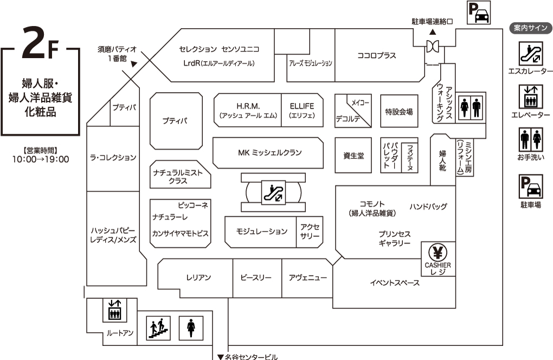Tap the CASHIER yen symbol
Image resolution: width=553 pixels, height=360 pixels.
438,252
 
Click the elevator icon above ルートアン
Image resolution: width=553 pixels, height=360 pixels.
114,310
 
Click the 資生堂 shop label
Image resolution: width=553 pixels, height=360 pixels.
353,156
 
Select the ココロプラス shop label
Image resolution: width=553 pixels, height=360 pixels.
377,55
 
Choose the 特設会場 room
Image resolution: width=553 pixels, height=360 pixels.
399,112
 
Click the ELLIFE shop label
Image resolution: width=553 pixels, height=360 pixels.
302,106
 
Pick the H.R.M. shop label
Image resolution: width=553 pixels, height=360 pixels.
248,106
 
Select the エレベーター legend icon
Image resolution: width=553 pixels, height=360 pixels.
530,97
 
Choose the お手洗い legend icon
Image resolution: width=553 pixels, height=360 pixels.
530,139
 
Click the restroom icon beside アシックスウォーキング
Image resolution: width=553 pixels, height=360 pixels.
470,107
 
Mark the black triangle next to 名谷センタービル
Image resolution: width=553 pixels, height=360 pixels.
220,357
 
